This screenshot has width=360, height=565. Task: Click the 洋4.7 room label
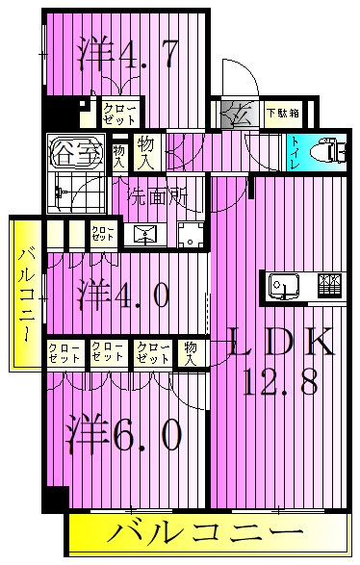[x=126, y=54]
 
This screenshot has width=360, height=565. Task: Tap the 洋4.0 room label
[x=125, y=294]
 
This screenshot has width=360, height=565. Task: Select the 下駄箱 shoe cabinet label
[x=281, y=113]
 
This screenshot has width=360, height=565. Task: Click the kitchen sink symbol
[x=283, y=285]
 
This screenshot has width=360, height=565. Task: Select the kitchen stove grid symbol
[x=328, y=284]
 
